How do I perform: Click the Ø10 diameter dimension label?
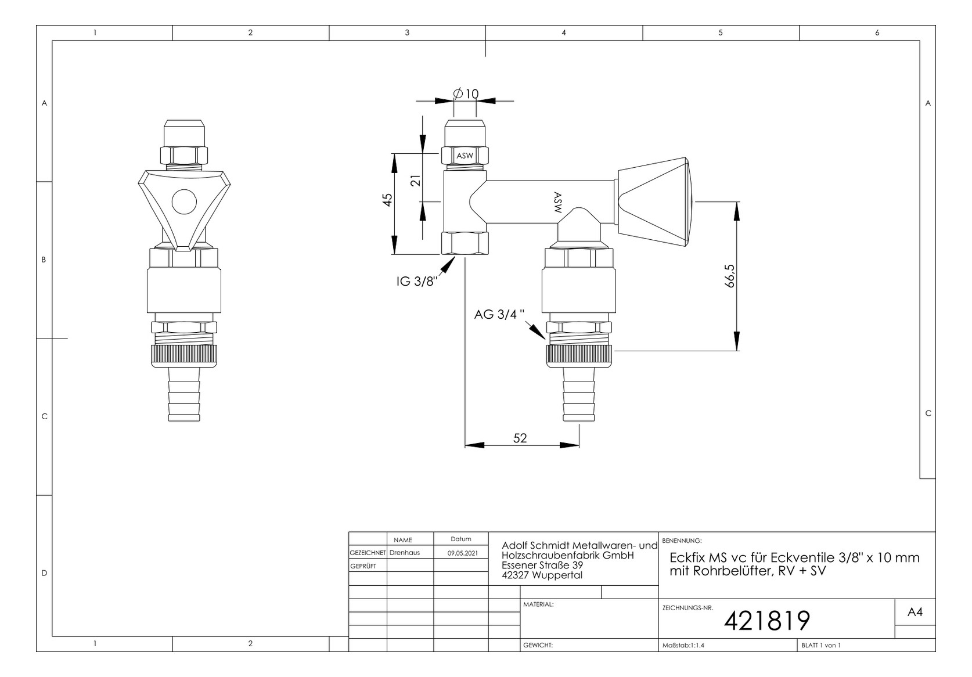coord(466,93)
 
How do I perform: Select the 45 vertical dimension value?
coord(387,200)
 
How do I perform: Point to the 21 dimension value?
coord(416,181)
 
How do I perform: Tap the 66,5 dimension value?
coord(730,276)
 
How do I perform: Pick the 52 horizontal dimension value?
coord(520,438)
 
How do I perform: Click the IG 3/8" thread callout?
coord(416,281)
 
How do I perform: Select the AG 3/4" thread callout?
coord(499,314)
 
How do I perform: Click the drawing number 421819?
coord(767,621)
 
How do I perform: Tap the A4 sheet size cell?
coord(915,612)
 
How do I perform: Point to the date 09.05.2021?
coord(463,553)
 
